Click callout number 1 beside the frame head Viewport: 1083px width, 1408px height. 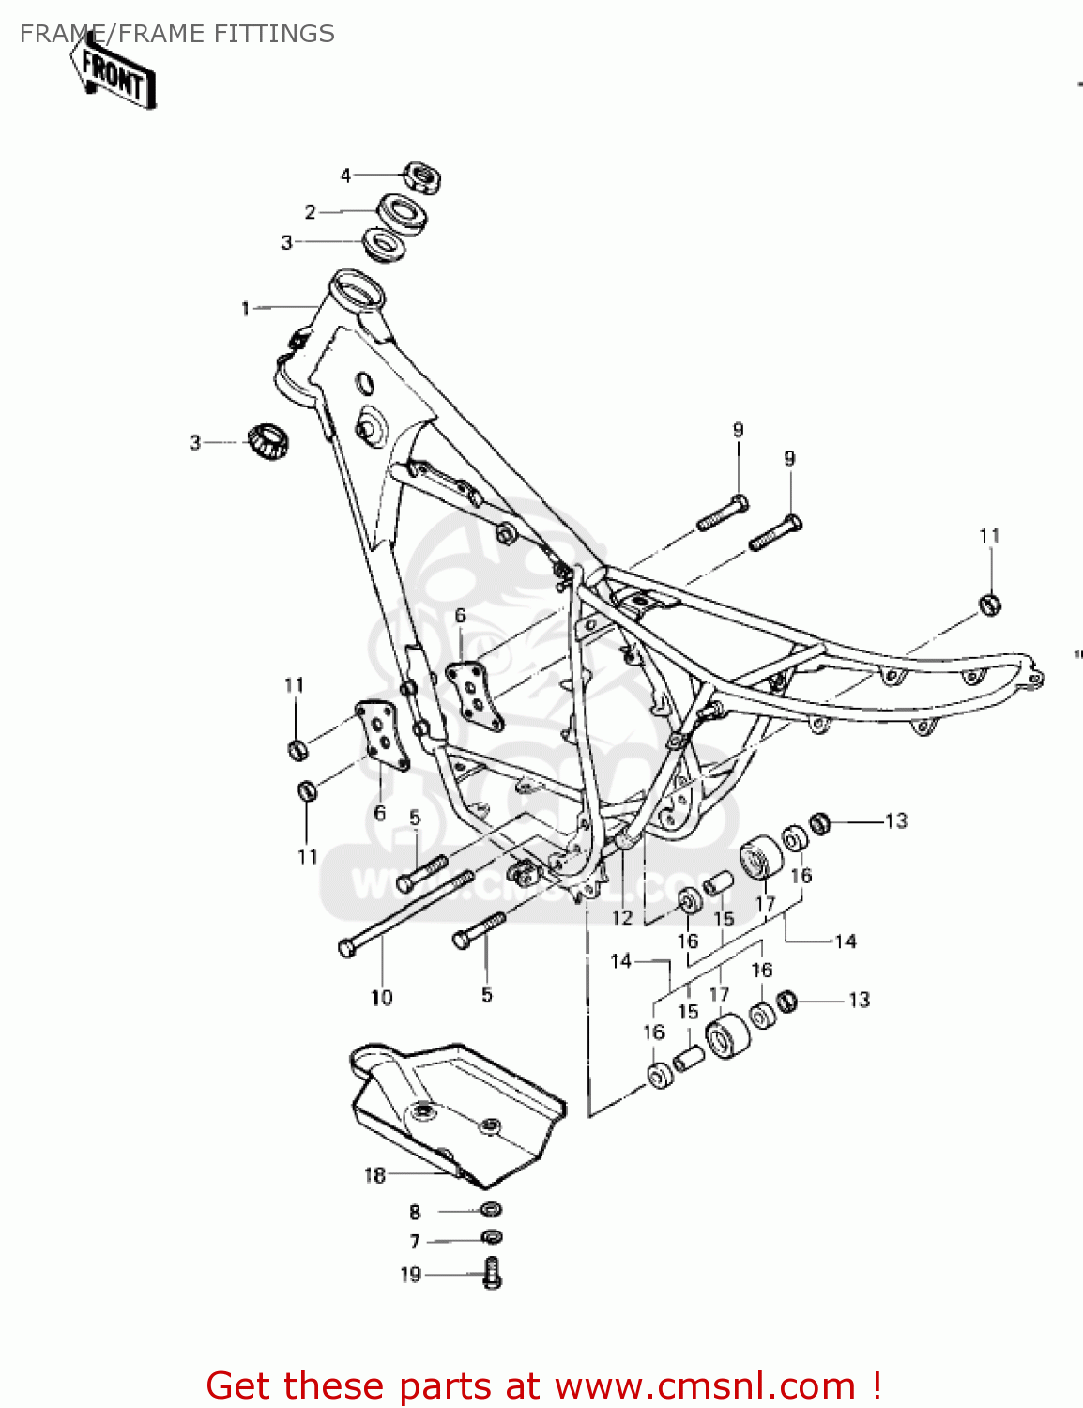tap(246, 309)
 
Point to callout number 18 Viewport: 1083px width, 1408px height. tap(374, 1175)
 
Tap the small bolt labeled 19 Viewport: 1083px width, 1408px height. tap(492, 1273)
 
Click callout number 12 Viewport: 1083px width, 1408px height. tap(622, 917)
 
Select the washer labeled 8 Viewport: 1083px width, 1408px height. tap(491, 1209)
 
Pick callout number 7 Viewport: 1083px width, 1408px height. tap(415, 1242)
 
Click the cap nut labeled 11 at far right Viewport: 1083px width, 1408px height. tap(989, 604)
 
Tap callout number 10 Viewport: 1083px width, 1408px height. tap(381, 997)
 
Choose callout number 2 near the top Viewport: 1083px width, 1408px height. tap(311, 212)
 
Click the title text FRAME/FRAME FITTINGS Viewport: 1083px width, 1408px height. tap(177, 34)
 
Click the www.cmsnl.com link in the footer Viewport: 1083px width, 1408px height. tap(705, 1386)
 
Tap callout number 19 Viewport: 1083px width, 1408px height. tap(411, 1275)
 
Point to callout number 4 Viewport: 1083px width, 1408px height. tap(345, 176)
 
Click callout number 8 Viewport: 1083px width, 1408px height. tap(415, 1212)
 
